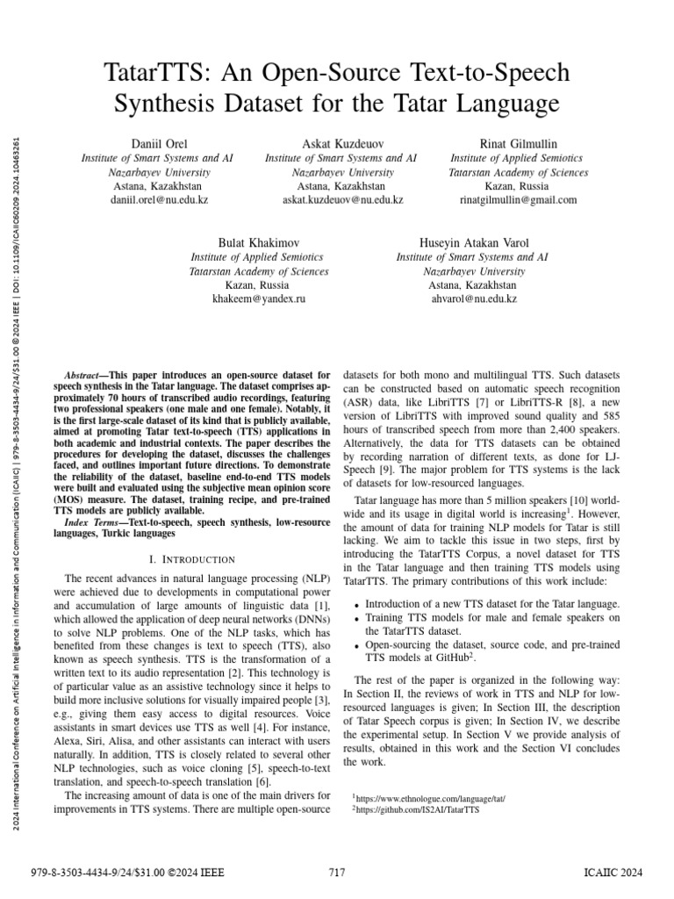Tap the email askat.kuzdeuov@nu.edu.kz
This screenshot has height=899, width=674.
coord(341,200)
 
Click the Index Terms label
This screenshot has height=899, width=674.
coord(96,522)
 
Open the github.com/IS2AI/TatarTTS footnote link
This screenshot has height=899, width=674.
coord(419,810)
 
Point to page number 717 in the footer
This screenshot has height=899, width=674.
coord(336,872)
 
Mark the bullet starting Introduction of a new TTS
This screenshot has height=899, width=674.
coord(491,604)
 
